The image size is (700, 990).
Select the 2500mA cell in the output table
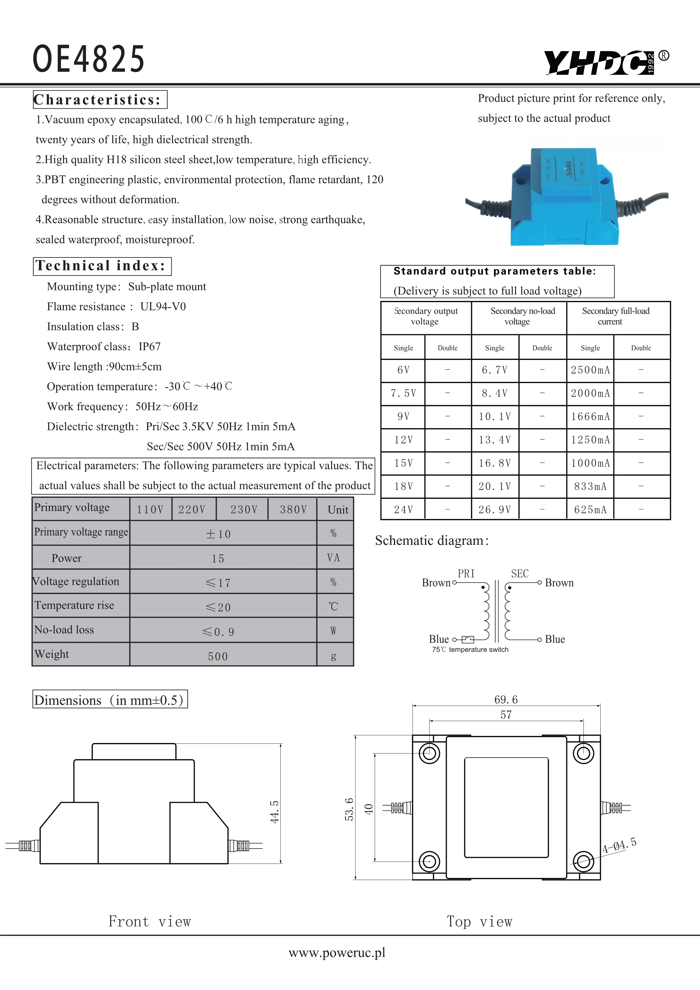tap(590, 370)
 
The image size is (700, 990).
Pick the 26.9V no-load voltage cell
tap(495, 510)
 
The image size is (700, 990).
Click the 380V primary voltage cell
tap(293, 510)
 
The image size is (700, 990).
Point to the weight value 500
tap(218, 656)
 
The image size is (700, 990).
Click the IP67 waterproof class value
tap(150, 347)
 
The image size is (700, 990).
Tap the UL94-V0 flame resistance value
tap(163, 307)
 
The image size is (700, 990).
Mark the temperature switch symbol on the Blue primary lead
tap(468, 639)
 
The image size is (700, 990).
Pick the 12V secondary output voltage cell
tap(403, 440)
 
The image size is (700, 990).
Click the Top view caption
tap(479, 922)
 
